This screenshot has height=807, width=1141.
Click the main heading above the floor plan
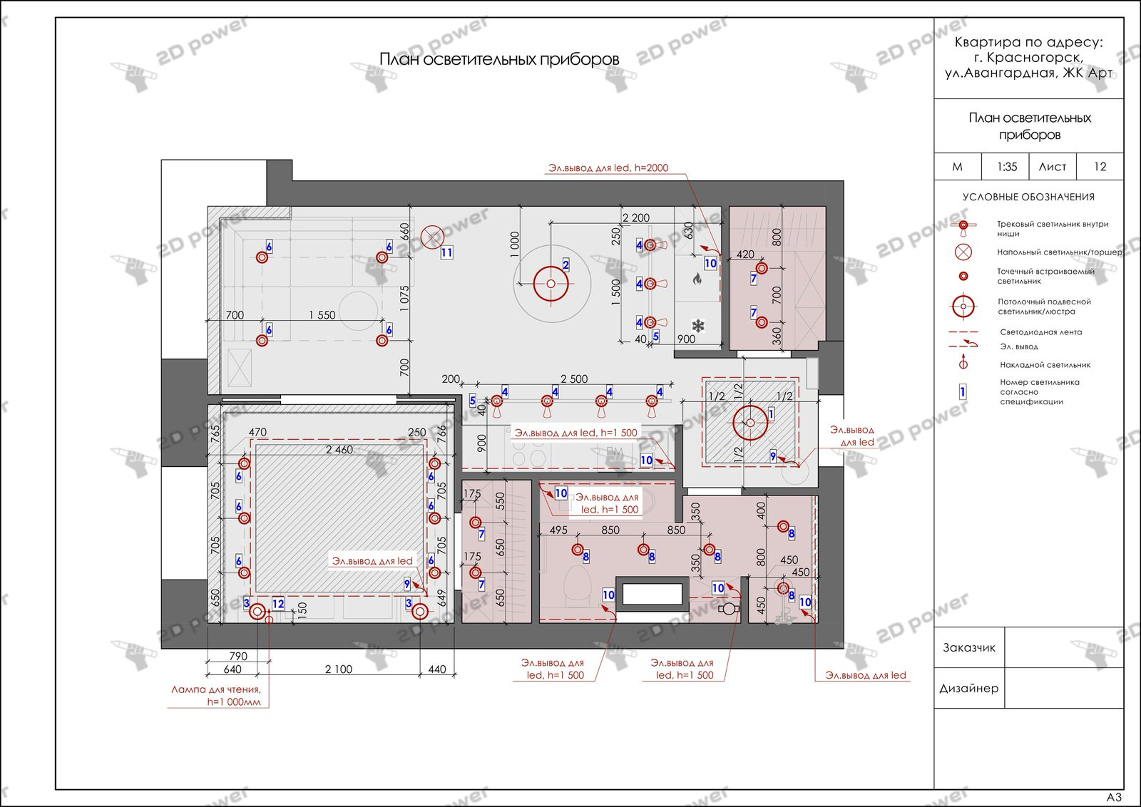499,60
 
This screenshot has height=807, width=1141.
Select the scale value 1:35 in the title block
1006,167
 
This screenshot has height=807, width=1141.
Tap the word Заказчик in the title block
969,647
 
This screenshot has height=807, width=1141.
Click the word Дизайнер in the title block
969,689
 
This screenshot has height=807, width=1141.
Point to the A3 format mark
1114,797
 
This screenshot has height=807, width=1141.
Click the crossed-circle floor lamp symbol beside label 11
432,237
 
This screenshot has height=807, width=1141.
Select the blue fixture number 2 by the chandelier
566,264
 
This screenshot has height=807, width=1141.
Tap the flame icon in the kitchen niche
697,279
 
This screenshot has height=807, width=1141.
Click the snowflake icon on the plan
698,325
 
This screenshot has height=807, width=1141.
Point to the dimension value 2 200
636,218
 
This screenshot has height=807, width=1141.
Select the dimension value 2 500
574,379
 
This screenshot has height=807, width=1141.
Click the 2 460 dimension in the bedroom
339,450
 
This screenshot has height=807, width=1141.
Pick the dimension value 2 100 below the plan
339,669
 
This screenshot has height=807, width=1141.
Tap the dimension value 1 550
322,315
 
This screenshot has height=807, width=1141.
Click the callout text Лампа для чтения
216,690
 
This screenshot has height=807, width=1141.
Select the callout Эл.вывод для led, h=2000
608,168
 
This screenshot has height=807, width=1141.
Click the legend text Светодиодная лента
1041,332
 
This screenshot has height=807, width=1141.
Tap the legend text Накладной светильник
1045,364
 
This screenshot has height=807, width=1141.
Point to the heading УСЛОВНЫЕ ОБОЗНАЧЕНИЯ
1028,197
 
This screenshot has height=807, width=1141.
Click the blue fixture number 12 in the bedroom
278,604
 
